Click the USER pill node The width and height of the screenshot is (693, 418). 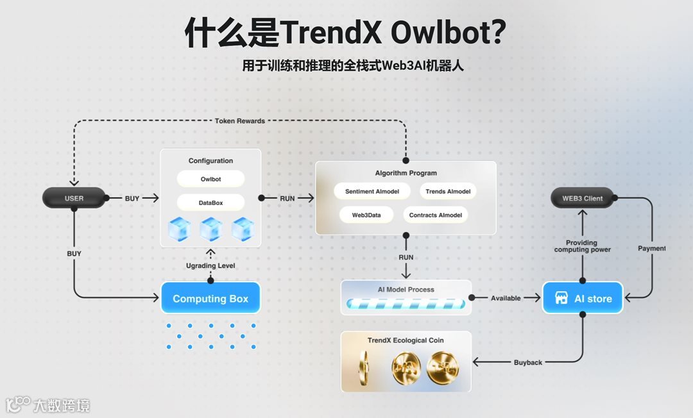(74, 198)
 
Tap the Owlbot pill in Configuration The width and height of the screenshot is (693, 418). (210, 179)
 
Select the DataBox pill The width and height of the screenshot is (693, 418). (210, 203)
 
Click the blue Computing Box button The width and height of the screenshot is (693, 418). (210, 298)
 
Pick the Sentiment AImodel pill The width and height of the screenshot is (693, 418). (373, 191)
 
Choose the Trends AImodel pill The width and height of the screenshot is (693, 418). (448, 191)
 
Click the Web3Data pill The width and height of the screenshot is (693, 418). (366, 215)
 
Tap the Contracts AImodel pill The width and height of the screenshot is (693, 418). (436, 215)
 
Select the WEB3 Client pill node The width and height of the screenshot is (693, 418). (583, 198)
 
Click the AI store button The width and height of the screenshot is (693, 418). (583, 298)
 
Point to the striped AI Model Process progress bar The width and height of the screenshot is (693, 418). (406, 304)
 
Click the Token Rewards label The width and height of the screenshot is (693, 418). (239, 121)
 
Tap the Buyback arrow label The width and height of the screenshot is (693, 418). (527, 363)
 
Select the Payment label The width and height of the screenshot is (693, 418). (651, 248)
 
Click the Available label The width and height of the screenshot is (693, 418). (506, 298)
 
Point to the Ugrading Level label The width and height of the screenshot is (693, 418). (210, 265)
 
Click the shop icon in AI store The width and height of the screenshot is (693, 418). (561, 299)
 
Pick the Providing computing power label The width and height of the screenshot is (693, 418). (583, 246)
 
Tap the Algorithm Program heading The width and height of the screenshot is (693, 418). (406, 173)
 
